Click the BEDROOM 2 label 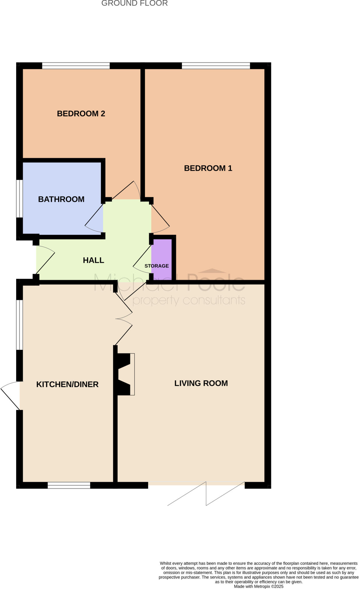pyautogui.click(x=81, y=114)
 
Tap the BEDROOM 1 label pyautogui.click(x=208, y=168)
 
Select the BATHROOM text pyautogui.click(x=61, y=199)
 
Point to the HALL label pyautogui.click(x=93, y=260)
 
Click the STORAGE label pyautogui.click(x=156, y=266)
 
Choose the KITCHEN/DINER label pyautogui.click(x=67, y=385)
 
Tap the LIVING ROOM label pyautogui.click(x=201, y=383)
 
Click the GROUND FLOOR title pyautogui.click(x=135, y=3)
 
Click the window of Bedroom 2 pyautogui.click(x=76, y=66)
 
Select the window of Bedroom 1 pyautogui.click(x=216, y=66)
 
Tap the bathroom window pyautogui.click(x=19, y=199)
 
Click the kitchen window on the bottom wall pyautogui.click(x=69, y=486)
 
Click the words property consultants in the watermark pyautogui.click(x=189, y=301)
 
